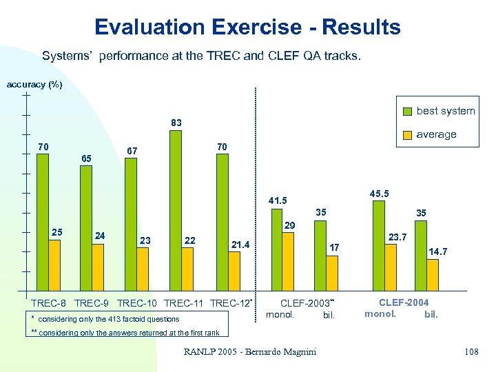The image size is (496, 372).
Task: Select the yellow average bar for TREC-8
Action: [x=54, y=265]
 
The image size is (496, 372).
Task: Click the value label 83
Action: [x=176, y=123]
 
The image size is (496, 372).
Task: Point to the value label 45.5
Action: [x=379, y=194]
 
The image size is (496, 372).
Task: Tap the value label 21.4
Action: [x=240, y=245]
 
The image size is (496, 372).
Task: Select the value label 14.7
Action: [x=438, y=251]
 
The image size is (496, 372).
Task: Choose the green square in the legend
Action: [x=409, y=111]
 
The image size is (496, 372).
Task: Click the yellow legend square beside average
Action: [x=409, y=134]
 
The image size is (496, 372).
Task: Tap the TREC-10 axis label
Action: [x=138, y=303]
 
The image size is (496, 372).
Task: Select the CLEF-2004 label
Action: [x=404, y=302]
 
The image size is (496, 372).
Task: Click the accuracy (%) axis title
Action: [x=34, y=85]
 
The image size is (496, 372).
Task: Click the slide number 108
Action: [x=471, y=352]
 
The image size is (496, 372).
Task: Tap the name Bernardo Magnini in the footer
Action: [x=278, y=352]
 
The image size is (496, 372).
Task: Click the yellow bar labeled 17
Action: [x=332, y=273]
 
